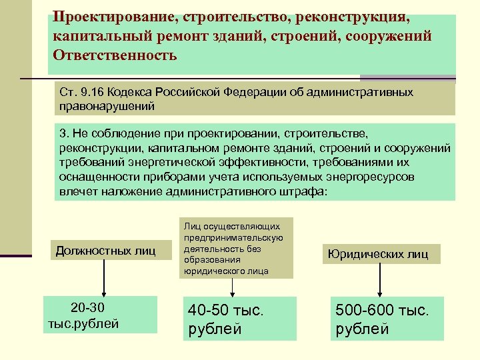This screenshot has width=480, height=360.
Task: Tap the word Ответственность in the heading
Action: pos(113,55)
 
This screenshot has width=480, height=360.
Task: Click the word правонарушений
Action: pos(107,105)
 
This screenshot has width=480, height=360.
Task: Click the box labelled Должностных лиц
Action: pos(105,251)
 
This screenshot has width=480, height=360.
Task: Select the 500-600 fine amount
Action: pos(365,311)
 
